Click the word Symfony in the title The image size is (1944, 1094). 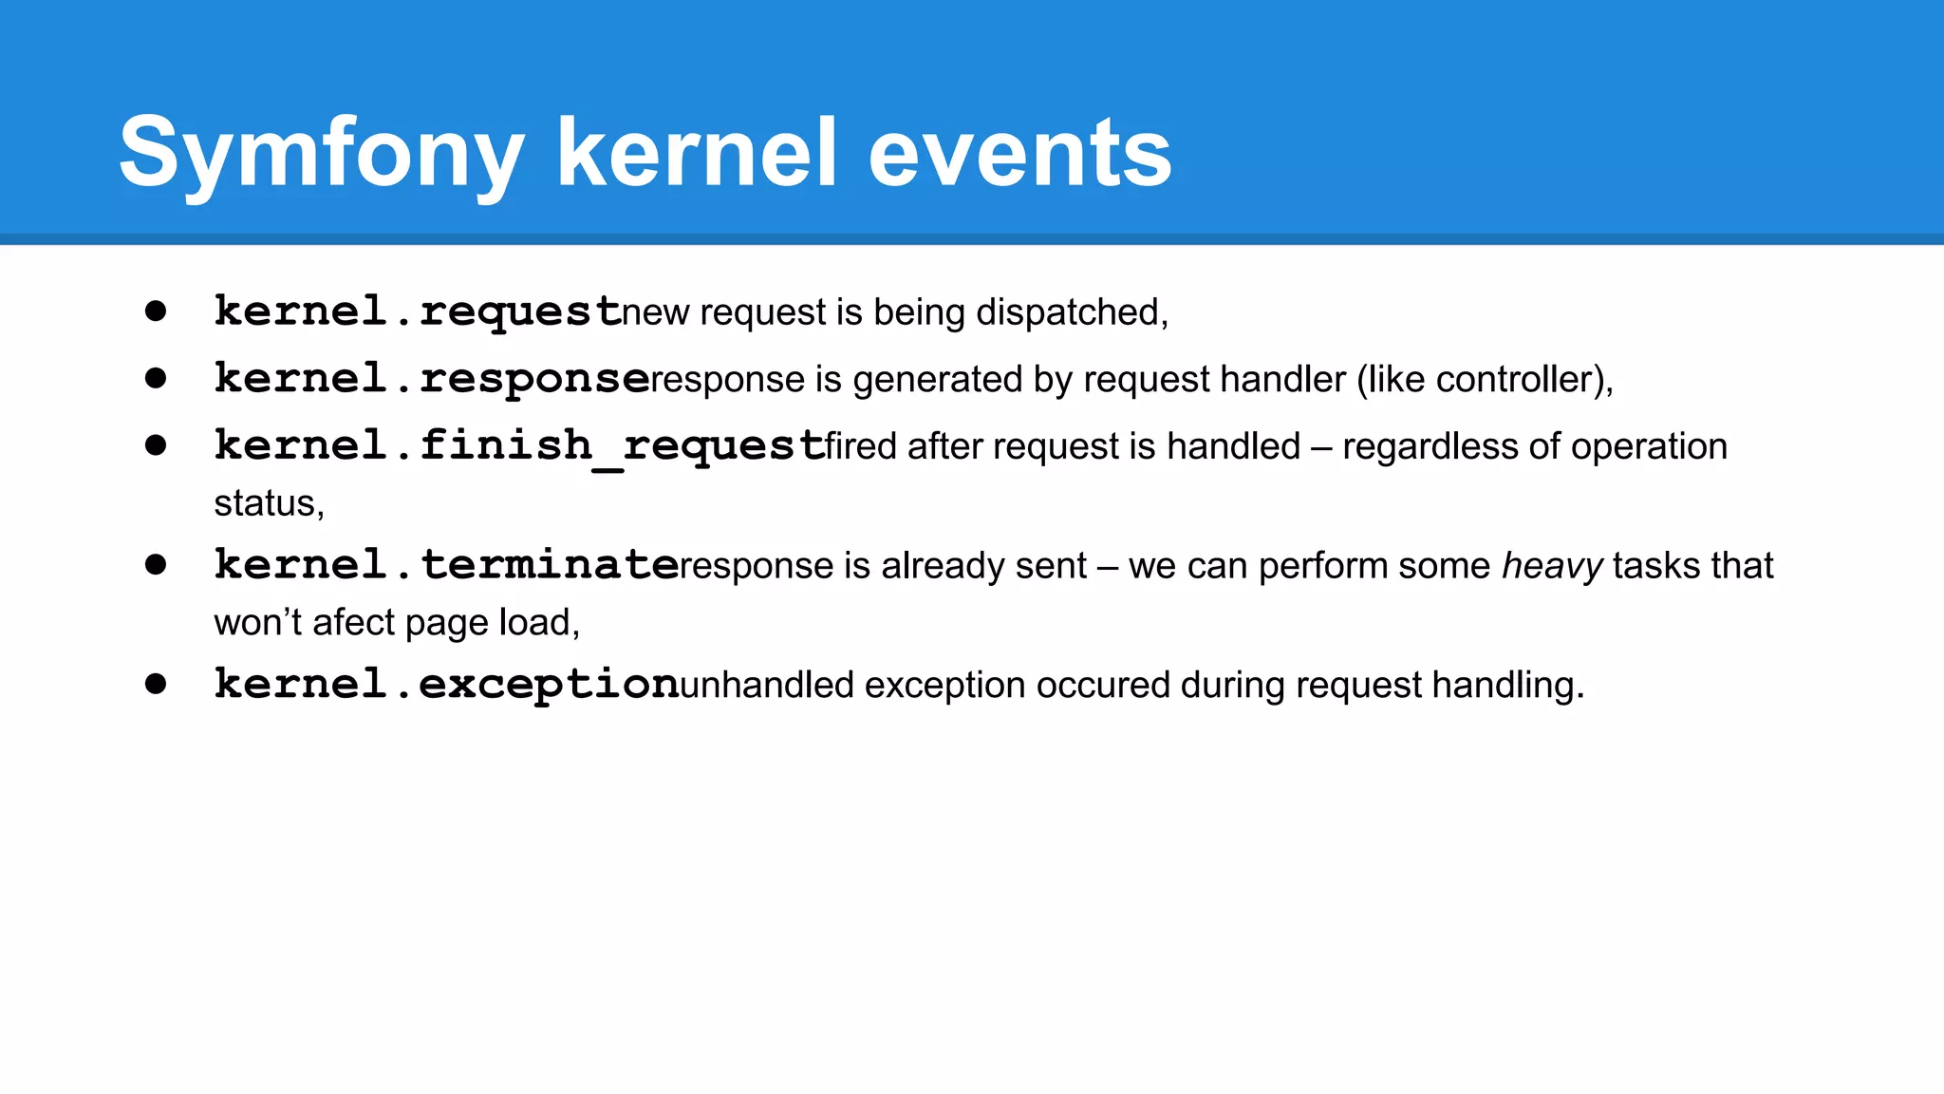coord(321,154)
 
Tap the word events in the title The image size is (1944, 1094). coord(1019,154)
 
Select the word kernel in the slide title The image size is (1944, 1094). coord(697,154)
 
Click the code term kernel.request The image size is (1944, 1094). coord(418,311)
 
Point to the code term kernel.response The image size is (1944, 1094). coord(432,379)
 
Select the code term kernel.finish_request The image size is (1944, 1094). coord(518,446)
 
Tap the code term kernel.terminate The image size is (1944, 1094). coord(446,565)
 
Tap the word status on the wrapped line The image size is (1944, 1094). coord(266,503)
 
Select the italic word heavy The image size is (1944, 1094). coord(1552,566)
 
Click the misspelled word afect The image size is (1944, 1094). coord(353,623)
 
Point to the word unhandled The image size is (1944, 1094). coord(767,686)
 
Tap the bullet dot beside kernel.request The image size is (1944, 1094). coord(156,311)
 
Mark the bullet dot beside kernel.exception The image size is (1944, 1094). coord(156,685)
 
